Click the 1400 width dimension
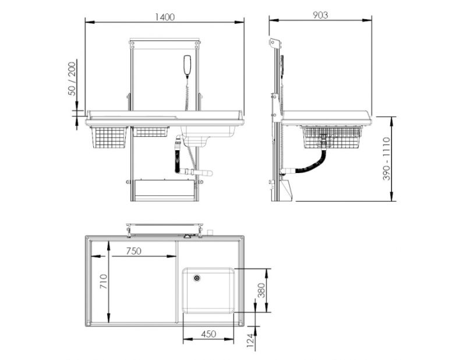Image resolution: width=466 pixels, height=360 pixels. [165, 16]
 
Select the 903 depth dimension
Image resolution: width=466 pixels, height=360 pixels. [320, 15]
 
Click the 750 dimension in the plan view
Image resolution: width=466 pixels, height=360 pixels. [135, 251]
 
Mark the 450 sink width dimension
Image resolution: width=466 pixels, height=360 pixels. [209, 334]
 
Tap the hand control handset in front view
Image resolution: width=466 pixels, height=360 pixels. [187, 66]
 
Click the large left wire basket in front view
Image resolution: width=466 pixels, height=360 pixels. [110, 137]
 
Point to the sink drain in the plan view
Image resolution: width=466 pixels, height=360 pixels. [197, 278]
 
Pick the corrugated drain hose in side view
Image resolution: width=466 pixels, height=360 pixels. [312, 164]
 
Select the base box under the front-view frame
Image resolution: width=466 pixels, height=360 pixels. [164, 190]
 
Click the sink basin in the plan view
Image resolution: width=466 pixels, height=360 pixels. [209, 290]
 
